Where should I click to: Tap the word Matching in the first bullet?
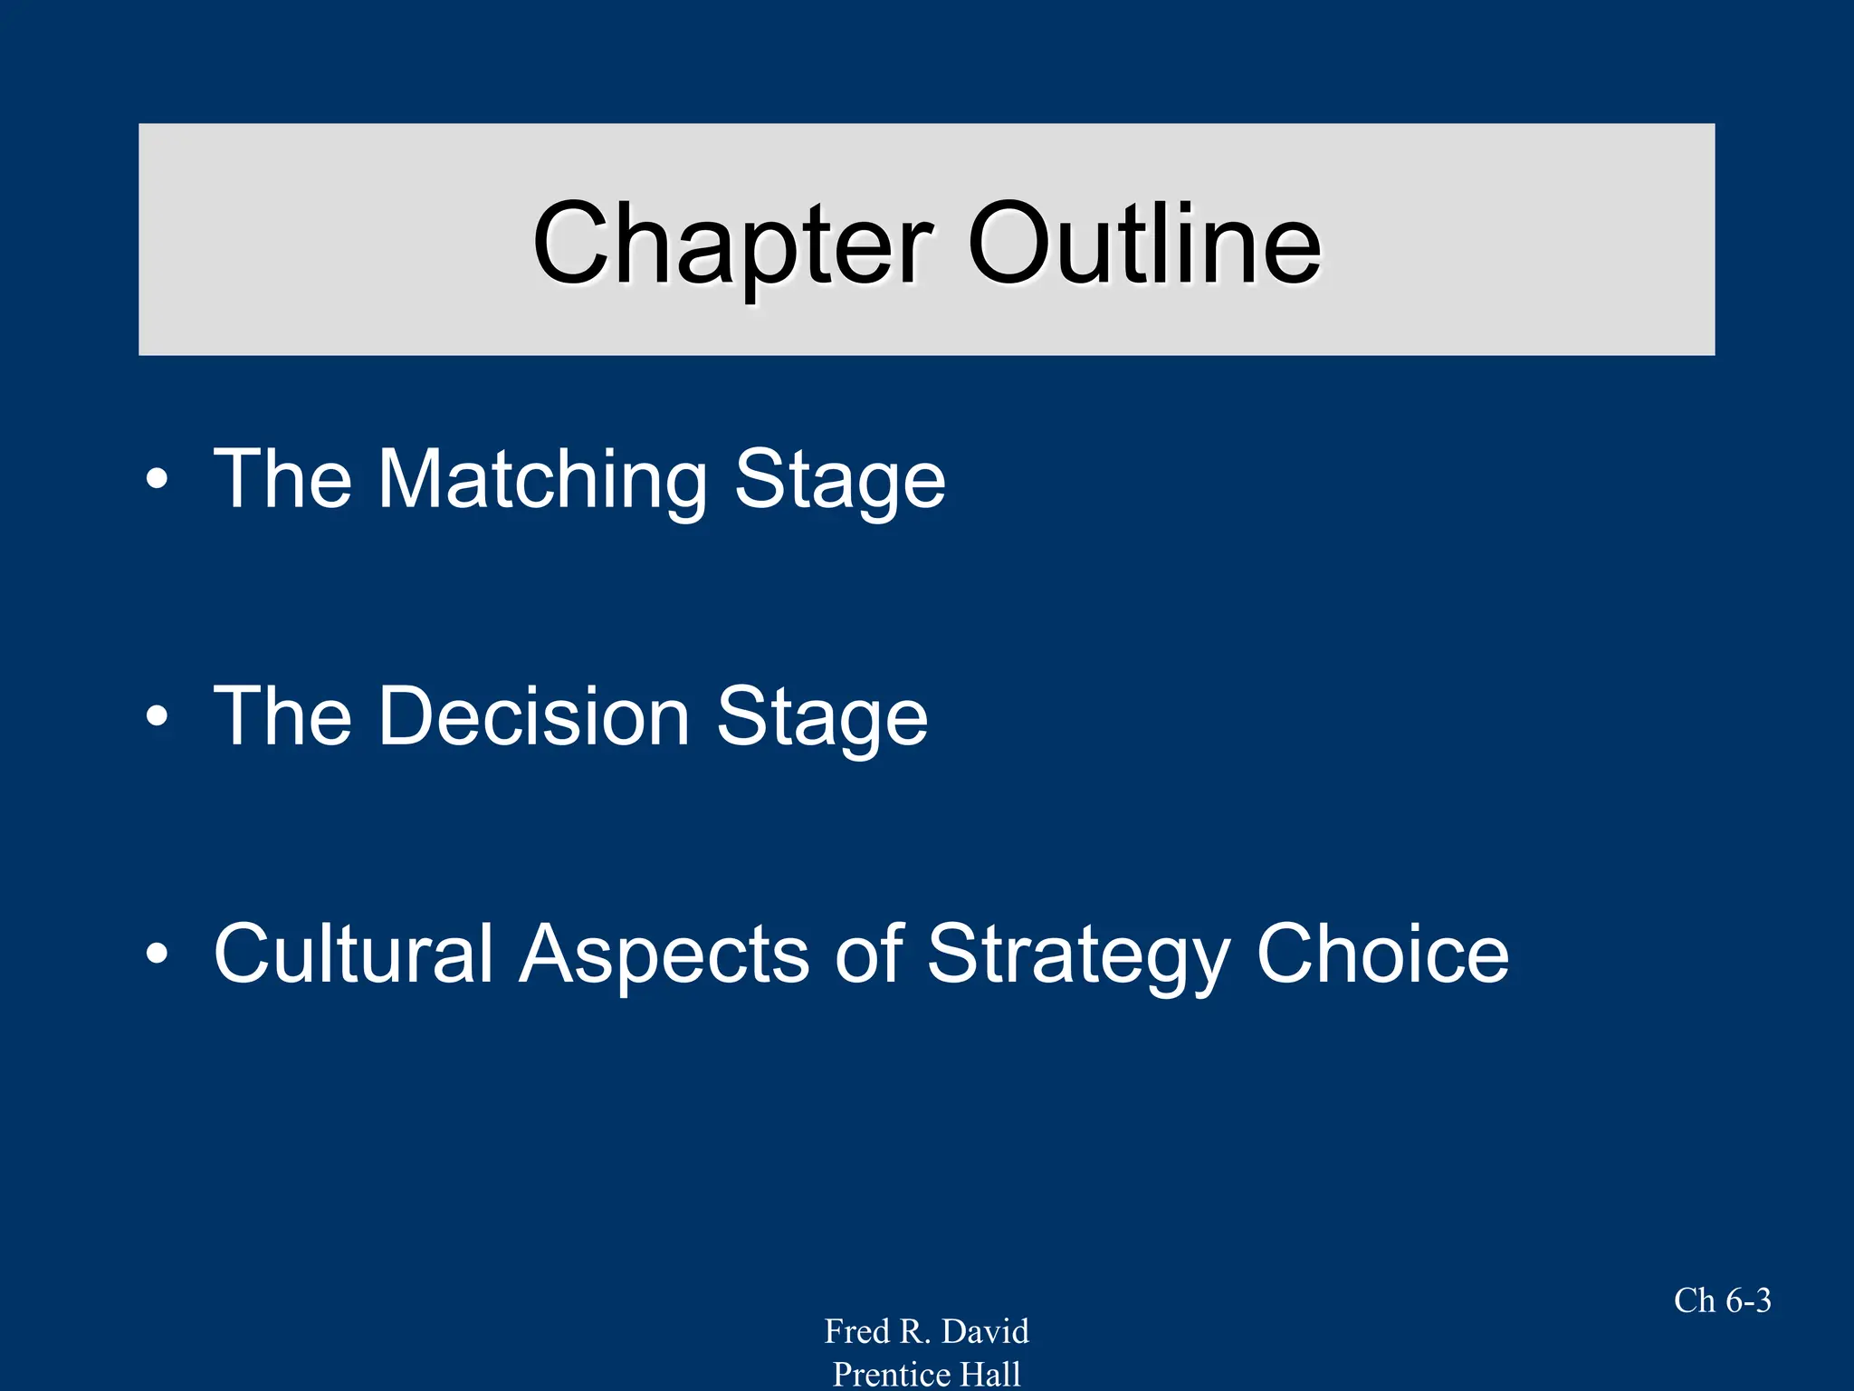tap(541, 480)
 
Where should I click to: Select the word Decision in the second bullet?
tap(535, 716)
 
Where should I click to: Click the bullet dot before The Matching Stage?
tap(157, 479)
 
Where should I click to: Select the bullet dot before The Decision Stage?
tap(157, 716)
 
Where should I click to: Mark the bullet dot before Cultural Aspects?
tap(157, 954)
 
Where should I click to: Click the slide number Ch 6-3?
tap(1722, 1300)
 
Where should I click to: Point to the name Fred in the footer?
tap(856, 1331)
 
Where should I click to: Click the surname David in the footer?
tap(985, 1331)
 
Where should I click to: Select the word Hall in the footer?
tap(991, 1374)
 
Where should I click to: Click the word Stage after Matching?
tap(839, 480)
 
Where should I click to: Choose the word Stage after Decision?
tap(822, 716)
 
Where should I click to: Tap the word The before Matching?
tap(282, 480)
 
